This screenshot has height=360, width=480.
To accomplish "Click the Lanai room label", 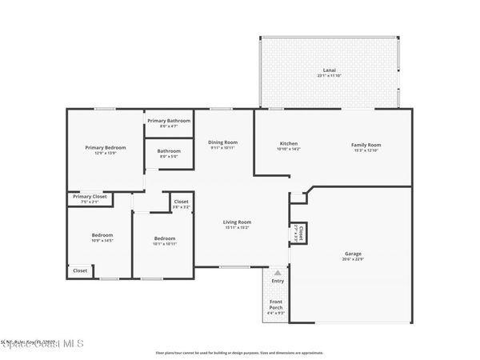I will click(329, 70).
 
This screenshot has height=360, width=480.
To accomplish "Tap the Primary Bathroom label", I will click(169, 121).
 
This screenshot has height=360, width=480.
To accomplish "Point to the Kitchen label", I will click(288, 144).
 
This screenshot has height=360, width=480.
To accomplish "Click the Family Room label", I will click(366, 144).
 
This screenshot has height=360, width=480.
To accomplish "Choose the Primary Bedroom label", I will click(106, 147).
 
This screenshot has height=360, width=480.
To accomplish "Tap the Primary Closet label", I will click(90, 196).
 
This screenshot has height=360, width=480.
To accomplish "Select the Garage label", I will click(353, 253).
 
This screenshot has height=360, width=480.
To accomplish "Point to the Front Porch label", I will click(275, 304).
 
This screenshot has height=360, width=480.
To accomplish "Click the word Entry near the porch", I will click(278, 281).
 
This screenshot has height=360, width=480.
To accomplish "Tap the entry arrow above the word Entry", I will click(278, 272).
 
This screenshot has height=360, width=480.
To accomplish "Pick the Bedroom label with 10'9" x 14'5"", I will click(102, 235).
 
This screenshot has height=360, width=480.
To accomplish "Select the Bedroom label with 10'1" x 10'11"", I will click(165, 238).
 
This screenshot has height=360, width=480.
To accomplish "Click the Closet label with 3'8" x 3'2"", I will click(182, 202).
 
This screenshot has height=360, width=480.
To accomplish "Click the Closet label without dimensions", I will click(81, 270).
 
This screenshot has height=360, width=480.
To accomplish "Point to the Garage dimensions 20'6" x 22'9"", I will click(353, 258).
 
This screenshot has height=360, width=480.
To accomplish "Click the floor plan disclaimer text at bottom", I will click(239, 352).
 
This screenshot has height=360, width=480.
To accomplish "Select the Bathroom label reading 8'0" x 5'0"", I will click(169, 151).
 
